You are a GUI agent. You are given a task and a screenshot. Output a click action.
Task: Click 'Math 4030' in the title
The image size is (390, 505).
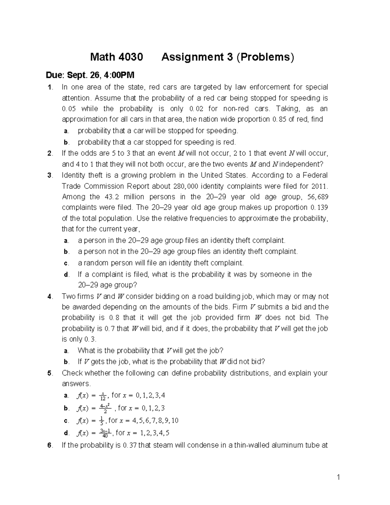click(x=116, y=57)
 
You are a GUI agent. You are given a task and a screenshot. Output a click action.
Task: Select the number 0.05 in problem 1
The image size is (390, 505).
click(x=69, y=109)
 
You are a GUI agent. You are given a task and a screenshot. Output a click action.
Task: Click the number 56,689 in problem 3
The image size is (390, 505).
click(x=317, y=197)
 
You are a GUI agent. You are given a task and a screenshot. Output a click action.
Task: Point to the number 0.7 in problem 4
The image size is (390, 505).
click(x=108, y=329)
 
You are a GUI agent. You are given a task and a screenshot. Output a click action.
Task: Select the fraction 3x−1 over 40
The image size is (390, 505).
click(x=105, y=433)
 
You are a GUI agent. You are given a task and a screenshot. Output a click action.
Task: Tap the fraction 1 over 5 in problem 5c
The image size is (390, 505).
click(x=102, y=421)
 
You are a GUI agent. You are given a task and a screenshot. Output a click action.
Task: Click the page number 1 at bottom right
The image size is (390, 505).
click(x=338, y=477)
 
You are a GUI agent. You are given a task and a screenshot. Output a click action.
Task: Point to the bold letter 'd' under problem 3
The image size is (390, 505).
click(x=66, y=275)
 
